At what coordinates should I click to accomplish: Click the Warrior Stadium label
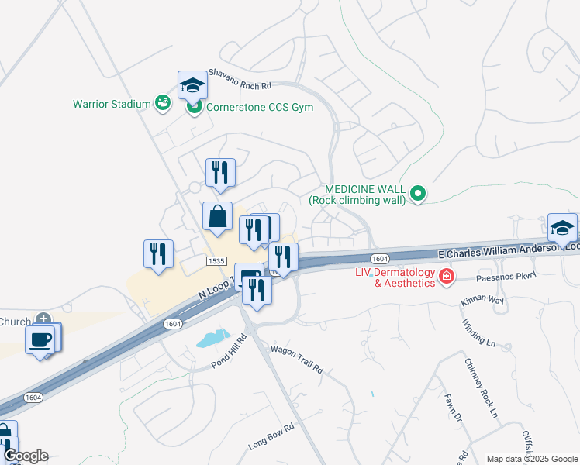coord(112,103)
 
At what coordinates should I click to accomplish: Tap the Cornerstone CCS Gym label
coord(259,107)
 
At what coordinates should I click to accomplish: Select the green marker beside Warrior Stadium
coord(162,102)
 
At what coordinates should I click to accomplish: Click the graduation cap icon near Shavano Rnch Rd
coord(192,85)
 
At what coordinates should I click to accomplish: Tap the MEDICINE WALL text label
coord(361,195)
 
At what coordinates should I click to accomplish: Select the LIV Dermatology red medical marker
coord(447,277)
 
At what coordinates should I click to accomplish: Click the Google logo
coord(26,456)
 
